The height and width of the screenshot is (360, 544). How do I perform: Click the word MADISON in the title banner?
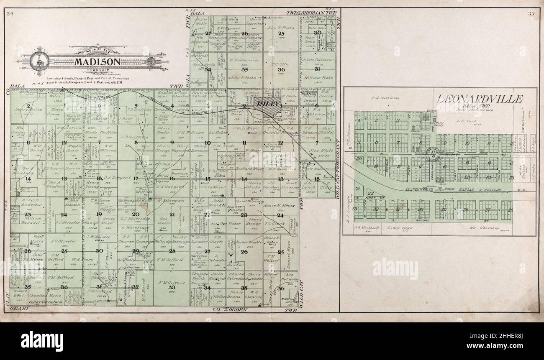(98, 61)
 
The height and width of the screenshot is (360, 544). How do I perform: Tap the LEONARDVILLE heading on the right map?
(480, 99)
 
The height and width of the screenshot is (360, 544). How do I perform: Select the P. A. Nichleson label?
(382, 98)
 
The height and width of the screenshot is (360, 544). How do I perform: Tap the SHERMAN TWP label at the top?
(317, 14)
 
